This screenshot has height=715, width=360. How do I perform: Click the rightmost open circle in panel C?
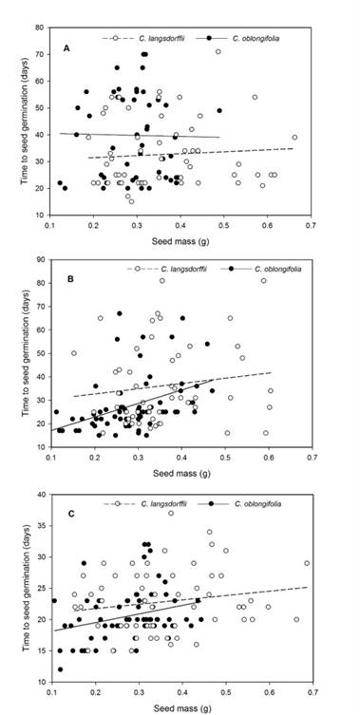point(307,563)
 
